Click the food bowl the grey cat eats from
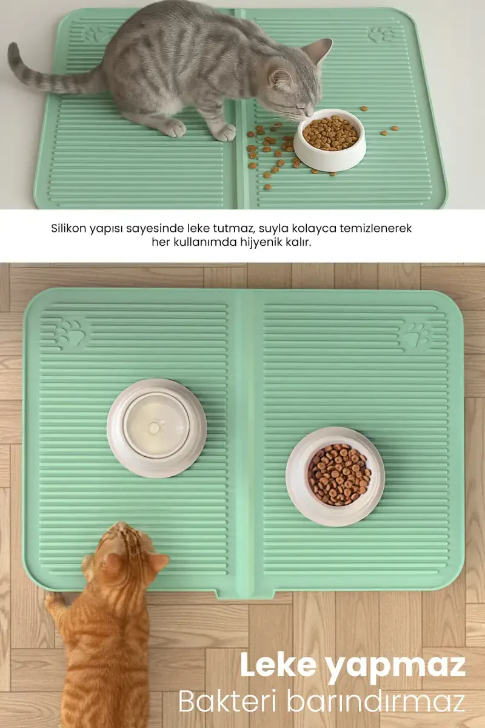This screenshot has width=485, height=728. (330, 140)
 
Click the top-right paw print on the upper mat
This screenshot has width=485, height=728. (381, 35)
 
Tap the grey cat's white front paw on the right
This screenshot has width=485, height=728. (225, 133)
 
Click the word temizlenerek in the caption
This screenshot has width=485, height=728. (376, 228)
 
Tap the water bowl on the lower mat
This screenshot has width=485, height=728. (156, 428)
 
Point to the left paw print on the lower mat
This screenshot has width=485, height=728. (70, 333)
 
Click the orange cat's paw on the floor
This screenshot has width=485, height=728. (55, 601)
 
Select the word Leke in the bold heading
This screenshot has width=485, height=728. (278, 666)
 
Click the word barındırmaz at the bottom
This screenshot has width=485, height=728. (376, 702)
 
